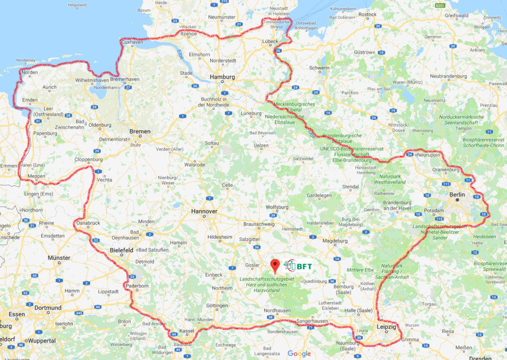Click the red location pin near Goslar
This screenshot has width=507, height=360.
tap(275, 265)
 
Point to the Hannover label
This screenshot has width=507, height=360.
tap(204, 211)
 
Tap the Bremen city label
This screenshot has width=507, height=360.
tap(140, 131)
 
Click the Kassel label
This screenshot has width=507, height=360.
tap(186, 331)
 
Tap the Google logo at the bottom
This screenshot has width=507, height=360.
tap(299, 353)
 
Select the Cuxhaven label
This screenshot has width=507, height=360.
tap(132, 42)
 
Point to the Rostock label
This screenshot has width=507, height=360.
tap(367, 14)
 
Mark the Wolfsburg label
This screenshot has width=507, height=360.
tap(277, 207)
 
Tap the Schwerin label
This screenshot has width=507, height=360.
tap(319, 68)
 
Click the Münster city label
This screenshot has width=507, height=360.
tap(59, 257)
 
